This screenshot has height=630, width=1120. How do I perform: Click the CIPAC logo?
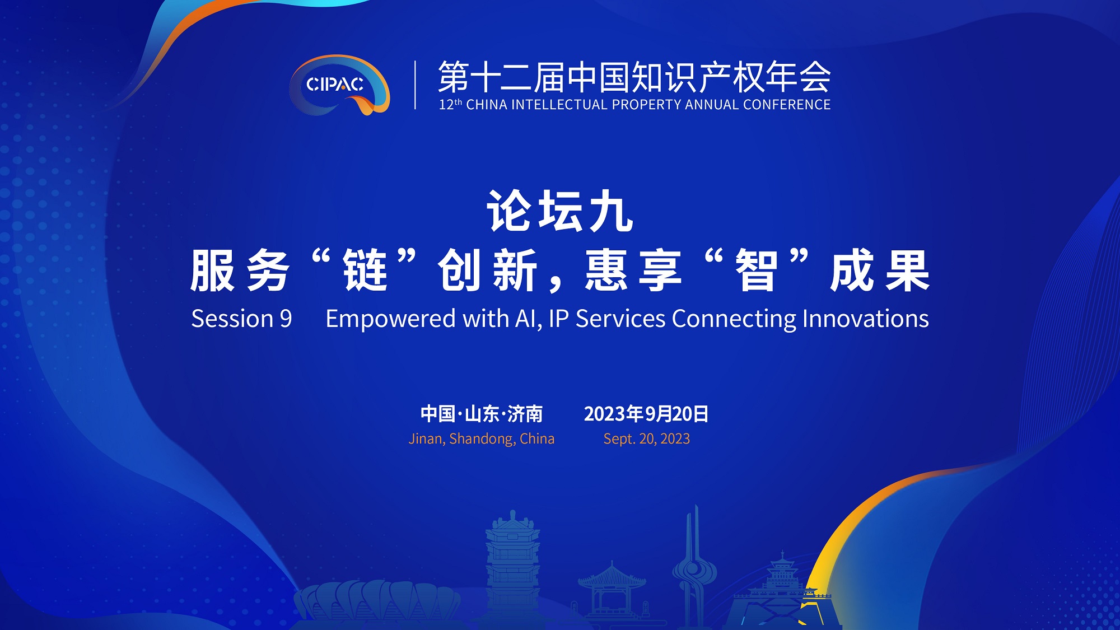coord(339,85)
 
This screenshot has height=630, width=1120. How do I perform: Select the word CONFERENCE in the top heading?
coord(787,105)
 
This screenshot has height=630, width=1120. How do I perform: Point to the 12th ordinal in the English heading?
coord(450,104)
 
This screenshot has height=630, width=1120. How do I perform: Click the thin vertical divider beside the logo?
coord(415,85)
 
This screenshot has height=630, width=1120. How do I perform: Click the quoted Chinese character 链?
coord(366,270)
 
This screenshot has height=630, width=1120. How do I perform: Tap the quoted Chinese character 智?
coord(757,270)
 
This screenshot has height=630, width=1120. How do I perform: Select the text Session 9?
coord(241,319)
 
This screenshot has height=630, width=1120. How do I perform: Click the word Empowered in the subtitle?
coord(390,319)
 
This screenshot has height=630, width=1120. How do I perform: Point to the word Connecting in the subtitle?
coord(734,319)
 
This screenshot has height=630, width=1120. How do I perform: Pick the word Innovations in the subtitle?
coord(866,319)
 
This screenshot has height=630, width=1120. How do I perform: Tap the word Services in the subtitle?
coord(620,319)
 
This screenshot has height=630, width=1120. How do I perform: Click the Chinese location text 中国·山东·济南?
coord(482,414)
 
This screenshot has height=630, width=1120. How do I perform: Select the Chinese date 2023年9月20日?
coord(646,414)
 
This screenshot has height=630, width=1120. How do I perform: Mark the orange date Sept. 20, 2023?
coord(647,438)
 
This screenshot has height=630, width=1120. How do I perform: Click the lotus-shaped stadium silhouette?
coord(377,601)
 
